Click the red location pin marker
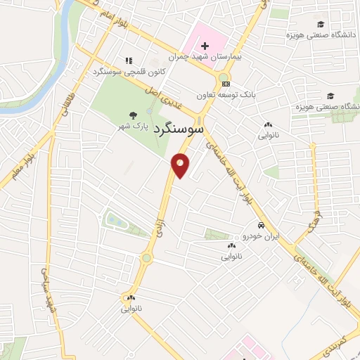181,165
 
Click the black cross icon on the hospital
205,46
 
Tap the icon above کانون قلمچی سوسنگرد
127,61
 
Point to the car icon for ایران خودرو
261,226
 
